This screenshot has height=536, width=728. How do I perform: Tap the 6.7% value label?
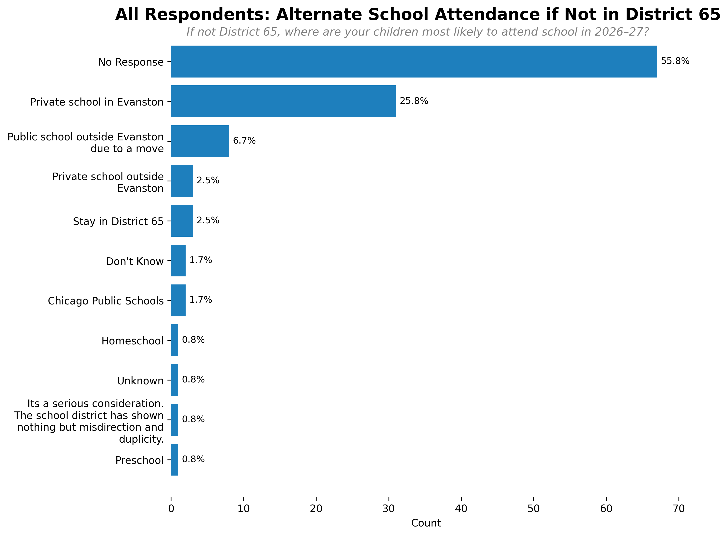click(x=244, y=141)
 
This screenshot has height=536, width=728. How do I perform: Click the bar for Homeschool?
click(x=175, y=340)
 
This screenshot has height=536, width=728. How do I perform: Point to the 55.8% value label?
click(x=675, y=61)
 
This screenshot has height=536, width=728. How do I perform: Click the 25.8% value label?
click(x=414, y=101)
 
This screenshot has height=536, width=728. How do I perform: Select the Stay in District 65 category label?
click(x=118, y=221)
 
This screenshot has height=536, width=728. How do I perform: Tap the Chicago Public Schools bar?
click(x=178, y=301)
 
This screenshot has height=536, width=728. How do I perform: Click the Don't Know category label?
click(x=135, y=261)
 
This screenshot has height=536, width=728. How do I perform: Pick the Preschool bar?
click(x=175, y=459)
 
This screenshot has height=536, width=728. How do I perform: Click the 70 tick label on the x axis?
click(x=678, y=508)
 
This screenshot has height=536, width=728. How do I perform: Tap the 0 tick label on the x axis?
click(x=171, y=508)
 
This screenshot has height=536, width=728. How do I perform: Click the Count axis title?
click(x=426, y=523)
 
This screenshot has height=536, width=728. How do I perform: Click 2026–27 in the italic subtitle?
click(x=621, y=32)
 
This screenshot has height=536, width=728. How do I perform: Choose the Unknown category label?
click(x=140, y=380)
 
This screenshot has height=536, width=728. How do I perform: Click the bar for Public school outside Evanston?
click(x=200, y=141)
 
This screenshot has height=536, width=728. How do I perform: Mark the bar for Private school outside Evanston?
click(x=182, y=181)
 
